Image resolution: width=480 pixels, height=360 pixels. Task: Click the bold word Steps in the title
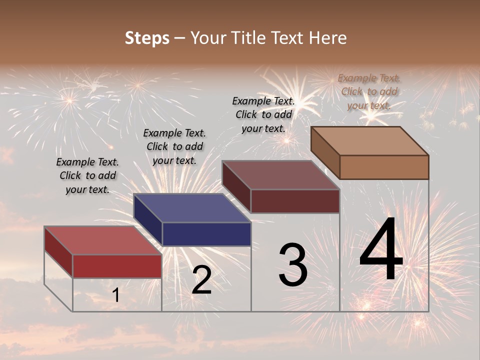[x=147, y=38]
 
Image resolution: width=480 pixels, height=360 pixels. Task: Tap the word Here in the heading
[x=328, y=38]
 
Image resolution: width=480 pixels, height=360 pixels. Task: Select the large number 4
[x=381, y=250]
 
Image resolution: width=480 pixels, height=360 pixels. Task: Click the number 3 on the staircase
[x=293, y=265]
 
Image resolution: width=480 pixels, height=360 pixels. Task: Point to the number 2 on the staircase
[x=201, y=280]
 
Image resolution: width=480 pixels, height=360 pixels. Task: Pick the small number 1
[x=115, y=295]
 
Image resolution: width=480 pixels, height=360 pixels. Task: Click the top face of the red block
[x=102, y=240]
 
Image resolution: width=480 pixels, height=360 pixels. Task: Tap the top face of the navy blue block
[x=192, y=208]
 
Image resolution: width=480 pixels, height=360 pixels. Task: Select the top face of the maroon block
[x=281, y=175]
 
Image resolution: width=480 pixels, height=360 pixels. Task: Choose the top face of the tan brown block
[x=369, y=141]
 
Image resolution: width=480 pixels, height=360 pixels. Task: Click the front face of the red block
[x=117, y=266]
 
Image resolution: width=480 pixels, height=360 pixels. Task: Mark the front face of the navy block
[x=206, y=234]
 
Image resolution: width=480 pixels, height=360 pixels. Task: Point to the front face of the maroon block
[x=295, y=201]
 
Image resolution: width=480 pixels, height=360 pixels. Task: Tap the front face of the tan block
[x=384, y=167]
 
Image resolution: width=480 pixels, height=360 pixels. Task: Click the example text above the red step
[x=87, y=175]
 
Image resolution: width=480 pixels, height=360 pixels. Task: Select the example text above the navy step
[x=174, y=146]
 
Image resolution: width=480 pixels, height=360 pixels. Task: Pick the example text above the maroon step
[x=263, y=114]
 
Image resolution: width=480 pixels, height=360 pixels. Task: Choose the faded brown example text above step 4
[x=369, y=91]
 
